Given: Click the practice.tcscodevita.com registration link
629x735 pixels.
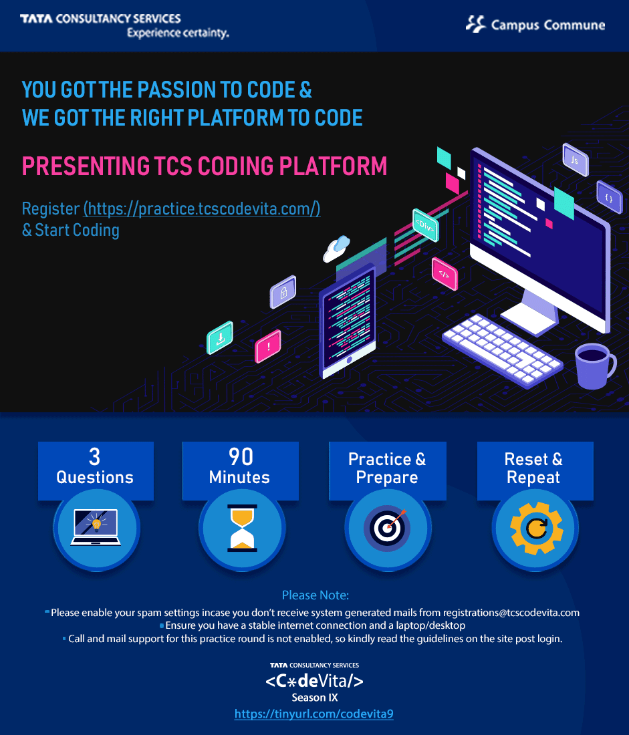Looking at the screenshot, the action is pyautogui.click(x=202, y=208).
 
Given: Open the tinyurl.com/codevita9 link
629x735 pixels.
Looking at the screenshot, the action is pyautogui.click(x=313, y=714).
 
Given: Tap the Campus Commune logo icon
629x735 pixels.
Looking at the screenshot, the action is pyautogui.click(x=476, y=24).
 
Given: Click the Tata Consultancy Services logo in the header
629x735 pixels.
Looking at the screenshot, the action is pyautogui.click(x=124, y=26).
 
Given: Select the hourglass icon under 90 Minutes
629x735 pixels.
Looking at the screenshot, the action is pyautogui.click(x=242, y=528).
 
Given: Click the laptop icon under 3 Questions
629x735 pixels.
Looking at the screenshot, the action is pyautogui.click(x=96, y=527).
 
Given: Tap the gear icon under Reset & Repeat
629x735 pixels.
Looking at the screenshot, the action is pyautogui.click(x=536, y=529).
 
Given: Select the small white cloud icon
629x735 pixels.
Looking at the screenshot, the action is pyautogui.click(x=336, y=249).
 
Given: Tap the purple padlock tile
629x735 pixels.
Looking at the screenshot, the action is pyautogui.click(x=283, y=292).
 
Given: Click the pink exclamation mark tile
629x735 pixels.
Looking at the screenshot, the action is pyautogui.click(x=268, y=346).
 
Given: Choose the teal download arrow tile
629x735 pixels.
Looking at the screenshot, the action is pyautogui.click(x=220, y=337).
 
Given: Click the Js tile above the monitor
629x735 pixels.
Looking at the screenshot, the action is pyautogui.click(x=576, y=160).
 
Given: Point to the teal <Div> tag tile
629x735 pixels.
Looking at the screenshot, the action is pyautogui.click(x=425, y=225).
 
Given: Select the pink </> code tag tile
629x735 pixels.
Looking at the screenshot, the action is pyautogui.click(x=445, y=274).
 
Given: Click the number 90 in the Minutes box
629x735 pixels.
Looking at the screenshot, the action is pyautogui.click(x=241, y=456).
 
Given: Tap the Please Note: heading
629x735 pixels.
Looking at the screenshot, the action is pyautogui.click(x=316, y=595).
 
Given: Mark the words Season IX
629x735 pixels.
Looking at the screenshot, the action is pyautogui.click(x=315, y=698).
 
